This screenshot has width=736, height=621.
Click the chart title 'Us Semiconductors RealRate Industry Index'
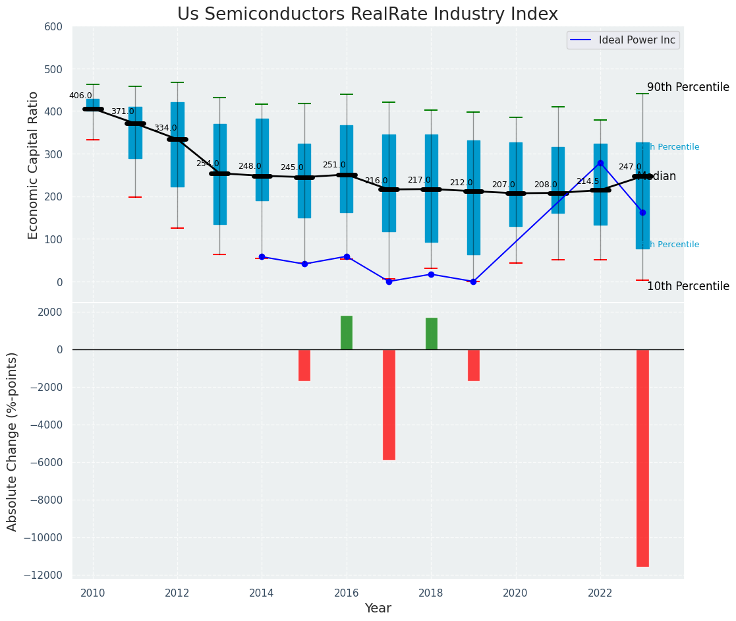coord(367,15)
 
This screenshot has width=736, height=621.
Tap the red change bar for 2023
coord(642,458)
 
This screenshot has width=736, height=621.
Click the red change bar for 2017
coord(389,404)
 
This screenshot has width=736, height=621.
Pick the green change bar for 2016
coord(347,333)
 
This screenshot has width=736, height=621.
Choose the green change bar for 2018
coord(432,334)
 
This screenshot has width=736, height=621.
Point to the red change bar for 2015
coord(304,365)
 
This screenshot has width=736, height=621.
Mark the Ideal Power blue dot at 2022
coord(600,163)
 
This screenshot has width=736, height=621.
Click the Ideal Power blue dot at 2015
coord(304,264)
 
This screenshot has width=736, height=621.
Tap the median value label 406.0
coord(80,96)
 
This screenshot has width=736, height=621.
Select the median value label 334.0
coord(165,128)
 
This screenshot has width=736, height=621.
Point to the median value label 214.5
coord(588,181)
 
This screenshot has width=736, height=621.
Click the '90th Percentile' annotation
coord(688,87)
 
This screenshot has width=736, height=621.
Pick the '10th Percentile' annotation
coord(688,286)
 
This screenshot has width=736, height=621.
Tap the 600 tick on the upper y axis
coord(53,27)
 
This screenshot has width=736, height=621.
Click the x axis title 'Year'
coord(378,608)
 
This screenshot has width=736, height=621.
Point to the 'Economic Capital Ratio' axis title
coord(34,164)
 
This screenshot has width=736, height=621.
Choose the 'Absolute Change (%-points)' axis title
coord(13,441)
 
